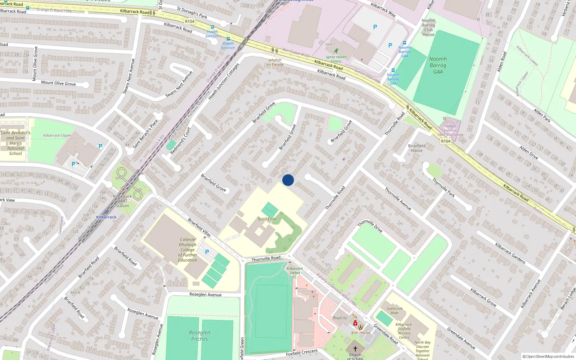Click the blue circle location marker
[288, 180]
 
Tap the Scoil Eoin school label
[267, 219]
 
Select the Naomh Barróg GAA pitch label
[438, 65]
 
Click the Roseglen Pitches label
[199, 336]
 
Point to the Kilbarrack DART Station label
[122, 201]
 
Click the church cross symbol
[355, 348]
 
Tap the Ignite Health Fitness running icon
[336, 51]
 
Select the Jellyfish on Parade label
[275, 62]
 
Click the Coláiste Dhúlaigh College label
[188, 249]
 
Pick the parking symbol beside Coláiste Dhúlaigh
[207, 252]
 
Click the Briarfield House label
[417, 148]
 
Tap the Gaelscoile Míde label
[395, 311]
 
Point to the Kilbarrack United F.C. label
[294, 273]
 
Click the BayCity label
[340, 318]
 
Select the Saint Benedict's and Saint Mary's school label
[15, 143]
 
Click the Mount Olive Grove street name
[58, 83]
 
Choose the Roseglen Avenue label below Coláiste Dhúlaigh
[206, 294]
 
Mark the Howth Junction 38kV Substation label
[450, 130]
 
